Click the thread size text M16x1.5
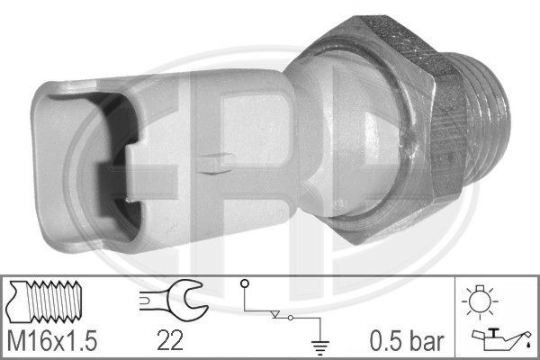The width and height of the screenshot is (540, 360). [53, 340]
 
